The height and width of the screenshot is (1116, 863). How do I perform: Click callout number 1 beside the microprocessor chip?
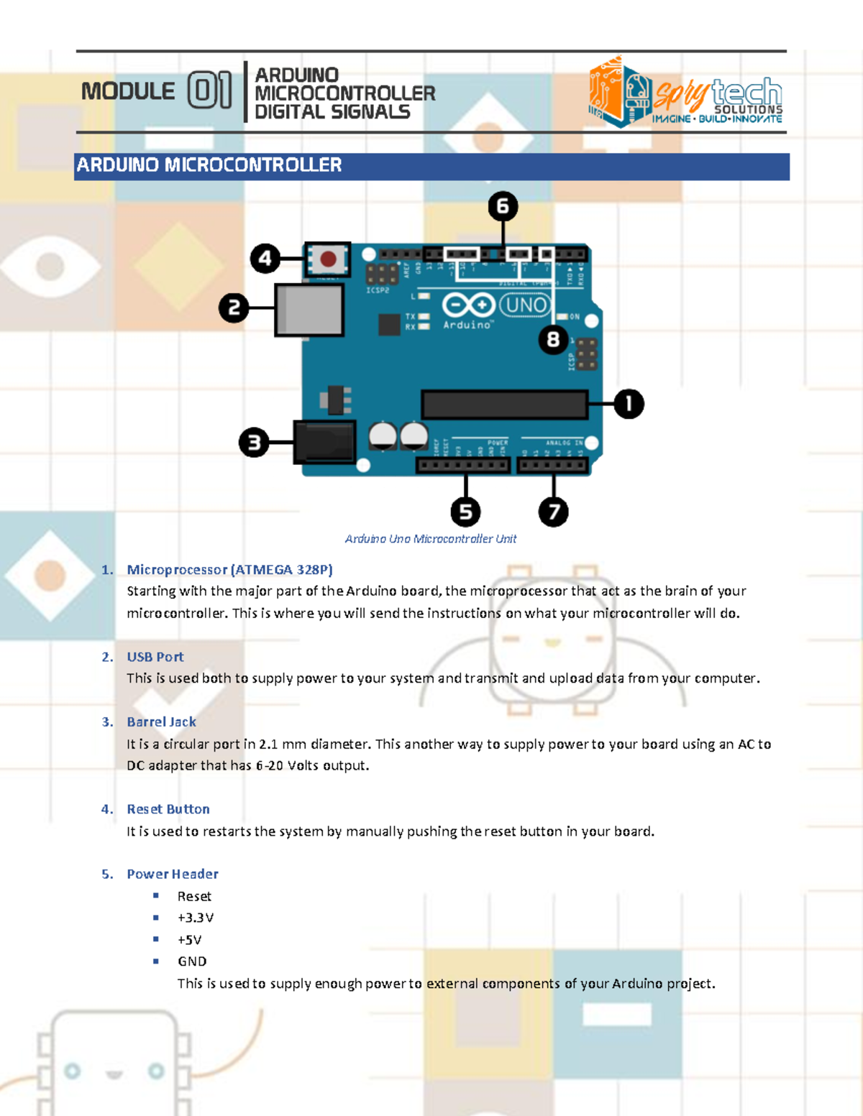click(629, 404)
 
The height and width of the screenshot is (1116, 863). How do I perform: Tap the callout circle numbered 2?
click(234, 308)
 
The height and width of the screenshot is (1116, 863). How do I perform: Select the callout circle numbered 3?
click(254, 443)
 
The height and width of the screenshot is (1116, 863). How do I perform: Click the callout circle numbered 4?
click(265, 258)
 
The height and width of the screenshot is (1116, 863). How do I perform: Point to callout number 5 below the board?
click(465, 512)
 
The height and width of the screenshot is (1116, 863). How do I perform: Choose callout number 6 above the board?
click(503, 207)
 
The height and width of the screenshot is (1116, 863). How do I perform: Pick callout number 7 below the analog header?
click(553, 512)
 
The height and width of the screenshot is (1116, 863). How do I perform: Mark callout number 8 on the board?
click(553, 338)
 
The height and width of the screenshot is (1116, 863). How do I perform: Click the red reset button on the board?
click(328, 259)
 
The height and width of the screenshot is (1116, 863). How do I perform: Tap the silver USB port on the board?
click(309, 310)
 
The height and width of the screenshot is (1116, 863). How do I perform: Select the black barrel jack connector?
click(325, 442)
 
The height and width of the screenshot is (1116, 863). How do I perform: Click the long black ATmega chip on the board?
click(504, 405)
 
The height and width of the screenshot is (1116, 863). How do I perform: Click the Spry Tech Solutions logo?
click(685, 93)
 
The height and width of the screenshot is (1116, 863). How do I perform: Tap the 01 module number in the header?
click(209, 91)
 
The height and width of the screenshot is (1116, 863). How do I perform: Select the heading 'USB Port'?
click(155, 657)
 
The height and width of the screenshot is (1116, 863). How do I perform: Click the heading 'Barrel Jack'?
click(161, 722)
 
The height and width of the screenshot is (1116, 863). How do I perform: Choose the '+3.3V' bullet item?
click(196, 918)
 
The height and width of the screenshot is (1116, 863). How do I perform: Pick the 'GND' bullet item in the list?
click(192, 961)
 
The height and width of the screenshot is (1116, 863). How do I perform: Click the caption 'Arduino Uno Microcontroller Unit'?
click(431, 539)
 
